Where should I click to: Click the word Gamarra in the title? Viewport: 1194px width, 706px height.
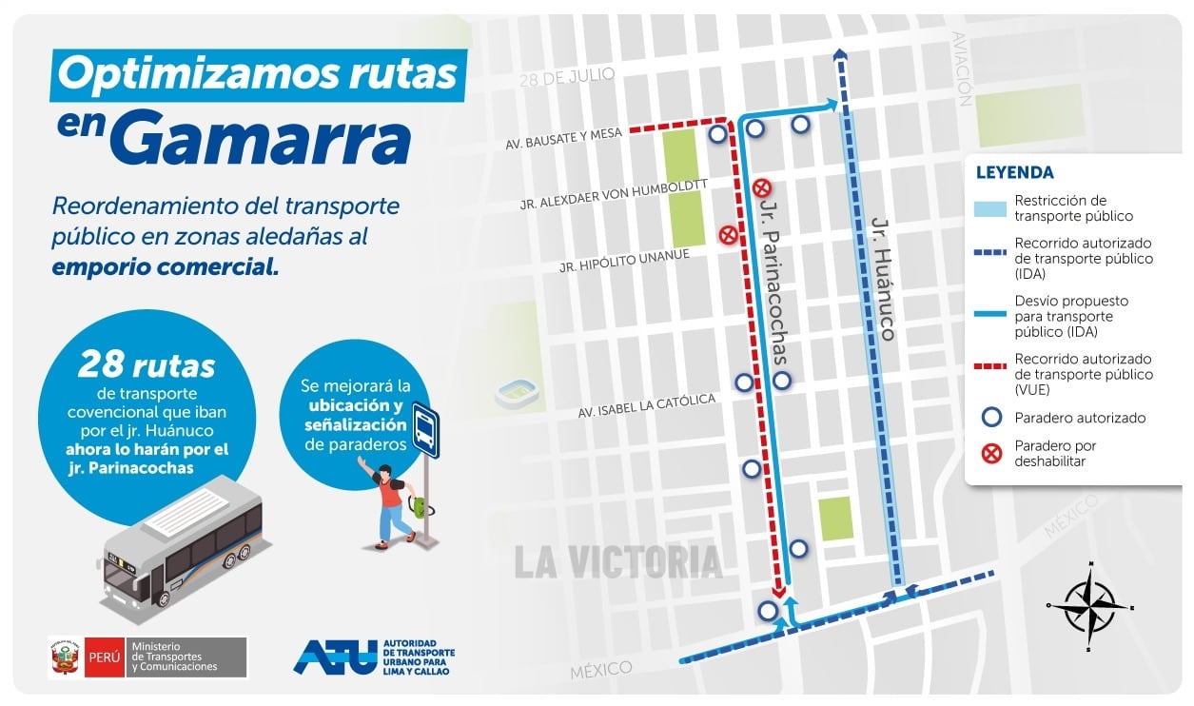click(x=266, y=140)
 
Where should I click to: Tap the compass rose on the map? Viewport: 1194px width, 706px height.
click(x=1090, y=604)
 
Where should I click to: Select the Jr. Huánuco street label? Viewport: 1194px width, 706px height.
click(x=884, y=279)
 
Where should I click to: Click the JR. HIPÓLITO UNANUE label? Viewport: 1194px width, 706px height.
click(x=623, y=260)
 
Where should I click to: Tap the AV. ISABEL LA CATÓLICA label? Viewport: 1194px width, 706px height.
click(x=646, y=406)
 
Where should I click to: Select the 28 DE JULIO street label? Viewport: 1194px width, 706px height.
click(x=567, y=77)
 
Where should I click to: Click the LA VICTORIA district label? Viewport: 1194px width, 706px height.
click(x=618, y=560)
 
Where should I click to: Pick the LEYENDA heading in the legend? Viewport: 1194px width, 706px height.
click(x=1014, y=173)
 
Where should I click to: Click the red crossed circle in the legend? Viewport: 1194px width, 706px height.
click(x=992, y=453)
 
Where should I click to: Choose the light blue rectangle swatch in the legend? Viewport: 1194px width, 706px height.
click(x=991, y=208)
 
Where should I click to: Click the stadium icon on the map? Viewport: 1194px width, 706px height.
click(x=518, y=392)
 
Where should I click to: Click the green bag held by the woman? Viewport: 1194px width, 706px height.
click(x=418, y=506)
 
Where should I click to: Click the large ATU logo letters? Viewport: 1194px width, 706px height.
click(x=334, y=657)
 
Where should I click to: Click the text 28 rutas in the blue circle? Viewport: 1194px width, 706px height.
click(x=147, y=364)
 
